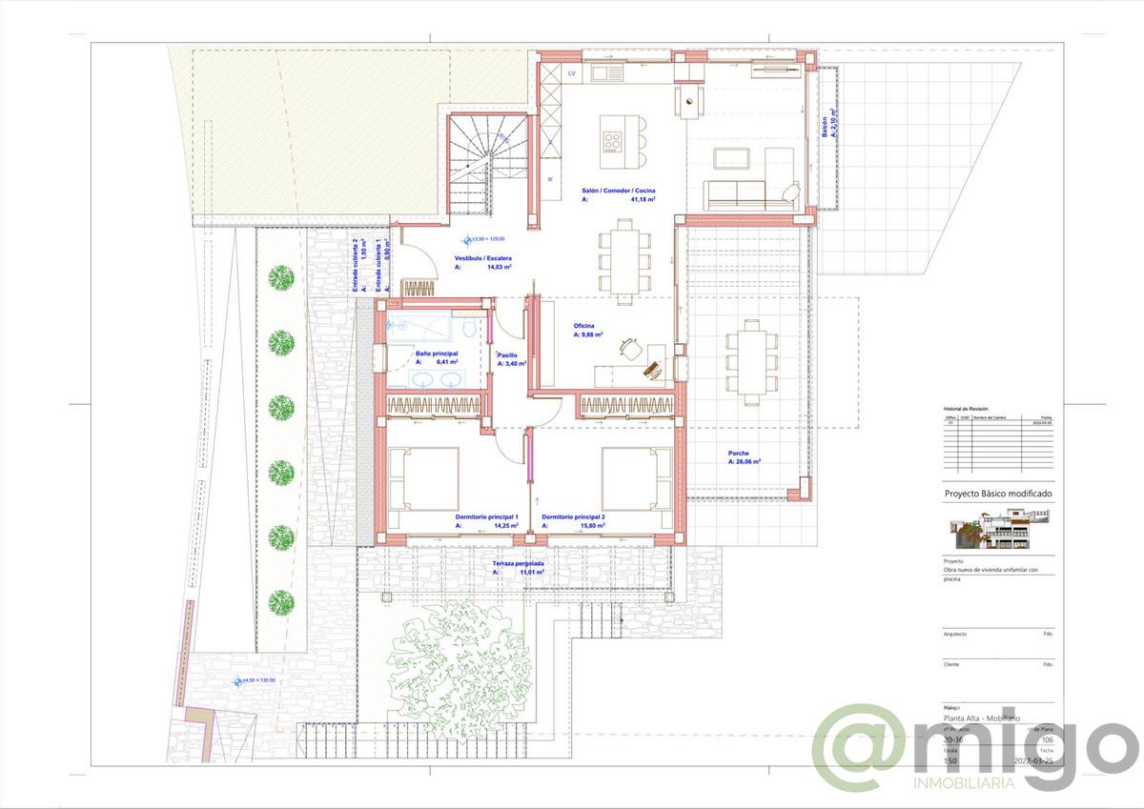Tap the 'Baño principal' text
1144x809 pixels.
tap(436, 354)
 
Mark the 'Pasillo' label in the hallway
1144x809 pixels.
tap(507, 354)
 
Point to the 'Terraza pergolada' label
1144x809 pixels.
tap(518, 563)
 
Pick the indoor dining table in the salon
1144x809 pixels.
tap(624, 260)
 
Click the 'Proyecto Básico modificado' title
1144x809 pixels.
tap(997, 495)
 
